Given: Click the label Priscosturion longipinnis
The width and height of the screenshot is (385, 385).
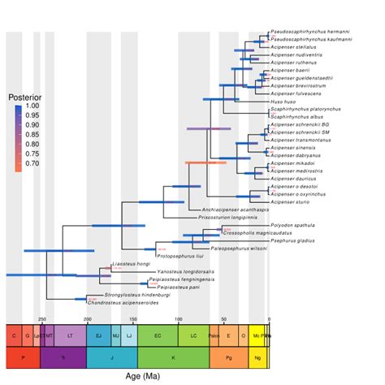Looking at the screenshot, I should pyautogui.click(x=228, y=218).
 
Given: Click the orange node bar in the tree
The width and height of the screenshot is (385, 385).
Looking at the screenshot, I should pyautogui.click(x=205, y=163).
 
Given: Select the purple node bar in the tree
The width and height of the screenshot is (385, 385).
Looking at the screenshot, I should pyautogui.click(x=209, y=129).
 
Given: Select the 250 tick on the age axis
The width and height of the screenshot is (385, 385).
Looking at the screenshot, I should pyautogui.click(x=42, y=318).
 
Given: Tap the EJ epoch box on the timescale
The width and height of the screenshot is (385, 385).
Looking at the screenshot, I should pyautogui.click(x=98, y=335).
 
